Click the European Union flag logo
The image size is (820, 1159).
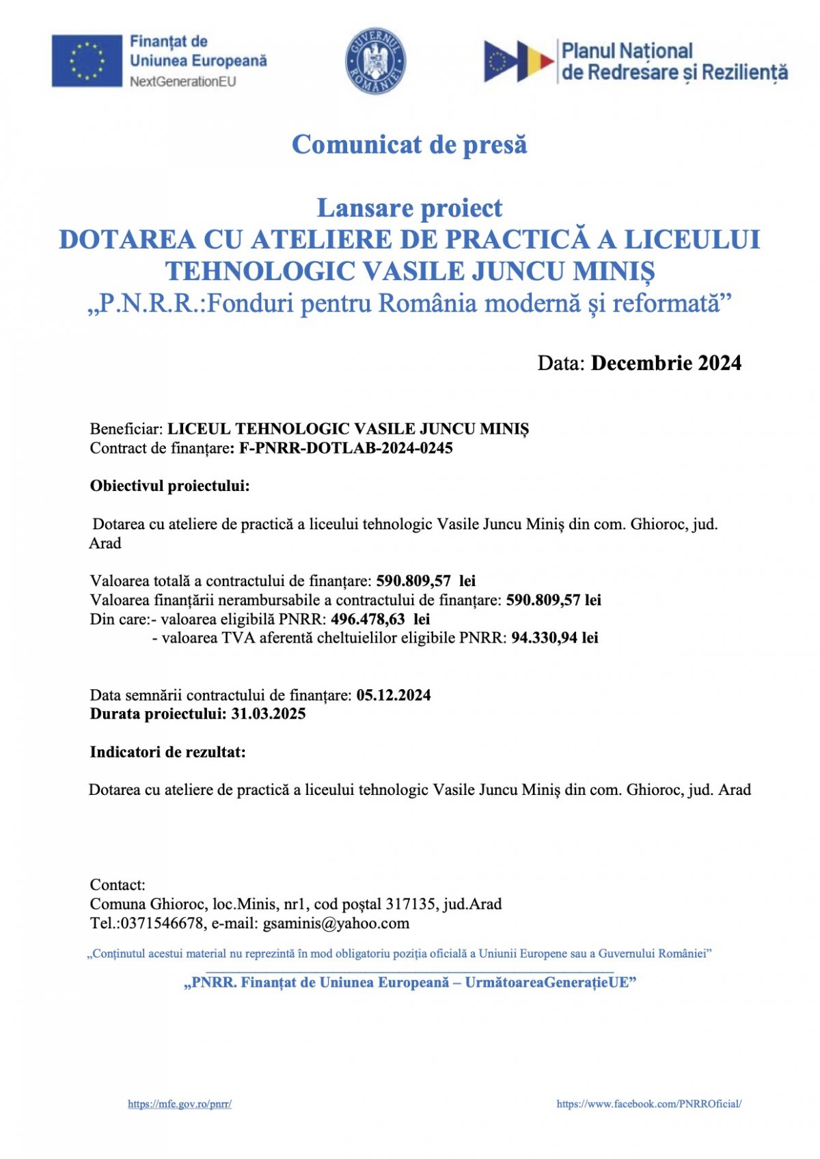87,61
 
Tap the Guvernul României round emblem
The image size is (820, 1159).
375,61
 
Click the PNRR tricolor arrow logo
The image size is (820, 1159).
519,61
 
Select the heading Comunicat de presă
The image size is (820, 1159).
409,145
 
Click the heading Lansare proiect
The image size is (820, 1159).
409,208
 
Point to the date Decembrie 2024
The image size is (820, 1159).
666,363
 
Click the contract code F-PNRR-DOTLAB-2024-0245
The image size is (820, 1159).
346,448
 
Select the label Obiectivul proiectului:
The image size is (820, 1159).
170,486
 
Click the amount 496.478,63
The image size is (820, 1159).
368,619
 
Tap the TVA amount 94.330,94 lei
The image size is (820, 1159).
554,638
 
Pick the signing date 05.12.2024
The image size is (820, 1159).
394,695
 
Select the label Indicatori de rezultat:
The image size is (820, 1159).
168,752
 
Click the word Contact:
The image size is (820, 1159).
118,885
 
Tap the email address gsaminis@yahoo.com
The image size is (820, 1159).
336,923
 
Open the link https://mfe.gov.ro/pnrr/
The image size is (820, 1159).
180,1104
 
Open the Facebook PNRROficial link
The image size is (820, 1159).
648,1104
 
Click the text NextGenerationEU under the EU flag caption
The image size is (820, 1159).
182,81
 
